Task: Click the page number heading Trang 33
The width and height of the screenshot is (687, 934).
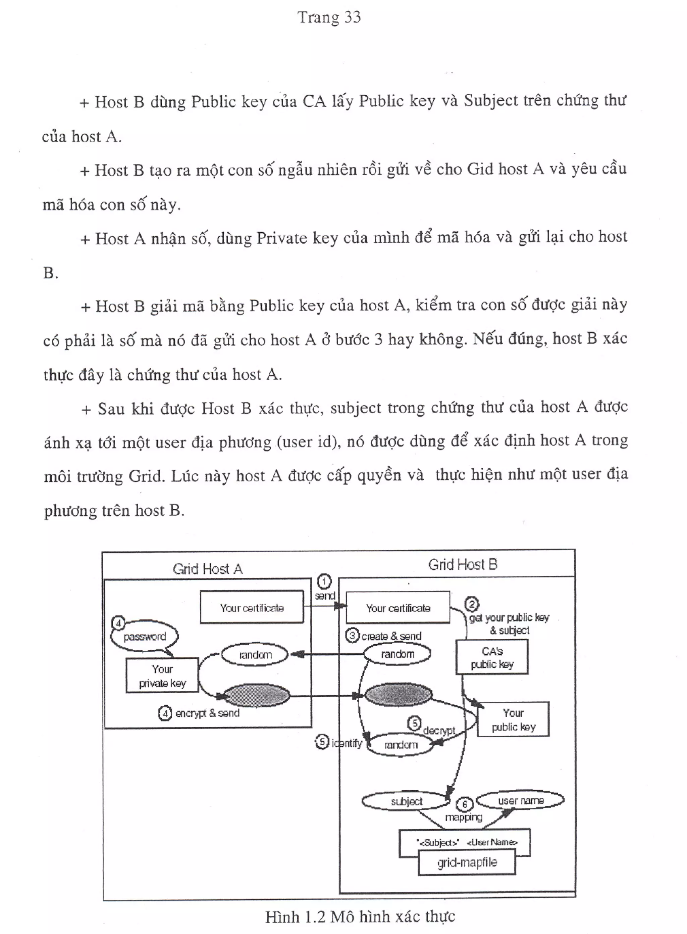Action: [x=329, y=17]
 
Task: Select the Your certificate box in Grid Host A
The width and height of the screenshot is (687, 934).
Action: [x=252, y=607]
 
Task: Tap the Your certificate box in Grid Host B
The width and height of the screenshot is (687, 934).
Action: [x=398, y=608]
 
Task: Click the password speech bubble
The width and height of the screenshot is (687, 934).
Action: [x=144, y=637]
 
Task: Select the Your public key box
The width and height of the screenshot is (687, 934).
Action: [x=513, y=720]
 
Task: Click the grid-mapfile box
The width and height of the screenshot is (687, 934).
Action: [x=467, y=862]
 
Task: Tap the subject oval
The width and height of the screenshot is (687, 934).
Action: [x=406, y=801]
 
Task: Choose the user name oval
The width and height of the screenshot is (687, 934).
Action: [x=520, y=800]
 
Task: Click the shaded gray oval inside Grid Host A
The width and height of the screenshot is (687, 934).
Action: [x=256, y=696]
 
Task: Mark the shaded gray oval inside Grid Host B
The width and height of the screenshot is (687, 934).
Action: [x=398, y=695]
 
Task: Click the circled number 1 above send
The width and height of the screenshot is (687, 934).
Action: [x=324, y=581]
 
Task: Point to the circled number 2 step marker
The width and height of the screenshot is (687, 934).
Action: [x=472, y=604]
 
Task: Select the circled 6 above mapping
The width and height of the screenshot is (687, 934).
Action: [x=465, y=804]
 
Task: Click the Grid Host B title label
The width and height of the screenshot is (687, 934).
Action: [x=463, y=565]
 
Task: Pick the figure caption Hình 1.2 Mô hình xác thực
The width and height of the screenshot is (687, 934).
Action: [x=360, y=917]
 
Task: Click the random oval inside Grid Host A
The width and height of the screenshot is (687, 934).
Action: [x=255, y=655]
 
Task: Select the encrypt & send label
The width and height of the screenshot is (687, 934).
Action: [x=207, y=713]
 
